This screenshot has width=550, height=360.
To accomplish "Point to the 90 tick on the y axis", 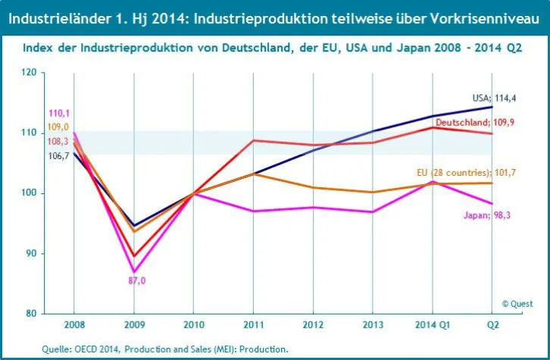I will pos(30,254).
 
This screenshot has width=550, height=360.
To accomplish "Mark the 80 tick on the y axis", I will pos(30,313).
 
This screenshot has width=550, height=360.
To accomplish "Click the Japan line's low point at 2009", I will pos(134,271).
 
